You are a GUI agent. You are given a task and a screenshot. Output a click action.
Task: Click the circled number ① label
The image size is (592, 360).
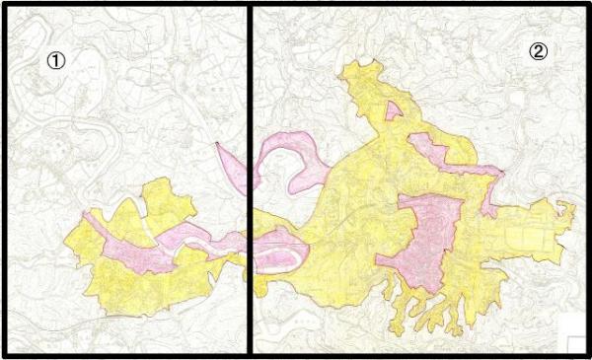coord(57,60)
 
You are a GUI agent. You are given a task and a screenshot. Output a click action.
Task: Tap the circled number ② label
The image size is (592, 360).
coord(538,51)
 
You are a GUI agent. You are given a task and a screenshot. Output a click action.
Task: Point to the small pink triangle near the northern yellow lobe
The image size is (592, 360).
coord(393,109)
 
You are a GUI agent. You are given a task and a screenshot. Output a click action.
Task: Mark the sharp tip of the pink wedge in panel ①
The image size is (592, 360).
coord(215,144)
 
